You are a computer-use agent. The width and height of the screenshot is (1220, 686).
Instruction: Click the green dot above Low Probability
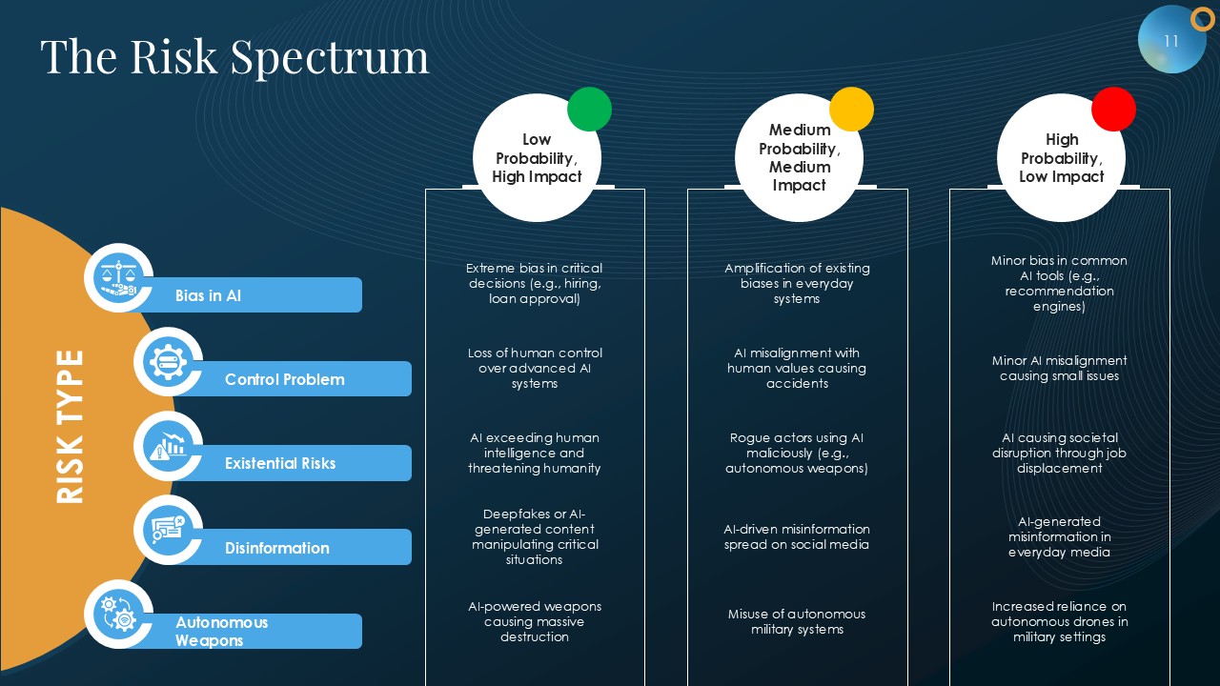click(589, 109)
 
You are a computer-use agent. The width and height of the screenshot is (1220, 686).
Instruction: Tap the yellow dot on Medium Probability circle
click(851, 109)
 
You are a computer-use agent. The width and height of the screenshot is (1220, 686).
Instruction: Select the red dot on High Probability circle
click(1114, 109)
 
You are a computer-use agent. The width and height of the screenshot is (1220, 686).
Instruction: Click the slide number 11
click(1171, 41)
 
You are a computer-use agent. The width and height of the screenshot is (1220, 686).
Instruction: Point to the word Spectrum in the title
click(330, 57)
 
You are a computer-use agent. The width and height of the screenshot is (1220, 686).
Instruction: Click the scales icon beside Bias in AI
click(119, 277)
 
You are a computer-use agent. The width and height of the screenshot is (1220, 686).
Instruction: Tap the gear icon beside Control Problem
click(169, 361)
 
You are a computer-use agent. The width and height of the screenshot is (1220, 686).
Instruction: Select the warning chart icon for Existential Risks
click(169, 446)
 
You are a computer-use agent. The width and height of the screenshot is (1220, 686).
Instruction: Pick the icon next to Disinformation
click(169, 530)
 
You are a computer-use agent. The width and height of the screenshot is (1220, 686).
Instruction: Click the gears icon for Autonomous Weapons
click(119, 615)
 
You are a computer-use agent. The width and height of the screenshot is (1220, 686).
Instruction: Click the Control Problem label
click(285, 379)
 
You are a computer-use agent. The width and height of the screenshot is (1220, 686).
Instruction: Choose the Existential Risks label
click(280, 463)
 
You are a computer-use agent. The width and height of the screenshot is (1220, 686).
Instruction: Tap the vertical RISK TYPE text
click(70, 427)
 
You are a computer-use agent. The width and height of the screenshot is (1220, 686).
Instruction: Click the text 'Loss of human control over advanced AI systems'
click(535, 368)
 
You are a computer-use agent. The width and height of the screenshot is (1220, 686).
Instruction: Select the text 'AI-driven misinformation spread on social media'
click(797, 536)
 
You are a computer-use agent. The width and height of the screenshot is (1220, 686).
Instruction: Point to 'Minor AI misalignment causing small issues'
click(1059, 368)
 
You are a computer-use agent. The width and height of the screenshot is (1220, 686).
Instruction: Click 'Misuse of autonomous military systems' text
click(797, 622)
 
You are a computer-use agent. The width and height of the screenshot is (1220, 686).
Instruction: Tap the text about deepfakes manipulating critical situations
click(535, 536)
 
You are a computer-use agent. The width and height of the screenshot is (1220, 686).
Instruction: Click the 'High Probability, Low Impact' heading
click(1061, 158)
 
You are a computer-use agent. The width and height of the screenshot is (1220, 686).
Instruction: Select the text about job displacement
click(1059, 453)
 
